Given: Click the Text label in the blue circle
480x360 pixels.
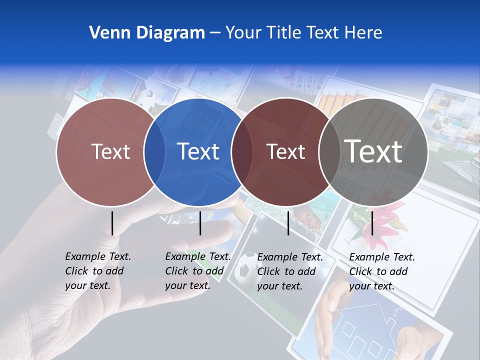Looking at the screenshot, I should tap(198, 151).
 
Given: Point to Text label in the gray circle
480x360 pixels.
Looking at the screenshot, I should tap(373, 151).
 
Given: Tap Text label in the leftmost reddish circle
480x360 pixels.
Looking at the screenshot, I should tap(110, 151).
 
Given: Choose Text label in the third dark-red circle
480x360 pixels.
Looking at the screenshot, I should tap(285, 151).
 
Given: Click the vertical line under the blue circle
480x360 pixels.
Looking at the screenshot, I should tap(200, 223).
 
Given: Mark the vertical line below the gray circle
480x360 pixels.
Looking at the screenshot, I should tap(372, 223).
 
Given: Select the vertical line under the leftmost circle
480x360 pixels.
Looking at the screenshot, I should tap(112, 223).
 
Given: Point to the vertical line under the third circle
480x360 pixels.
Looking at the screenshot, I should tap(288, 223).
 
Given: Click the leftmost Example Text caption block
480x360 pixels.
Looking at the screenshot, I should tap(97, 271).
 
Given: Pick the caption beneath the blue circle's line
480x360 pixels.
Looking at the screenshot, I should tap(197, 271).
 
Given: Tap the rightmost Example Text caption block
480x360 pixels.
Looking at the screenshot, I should tap(381, 271).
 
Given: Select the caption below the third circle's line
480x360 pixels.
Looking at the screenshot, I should tap(289, 271).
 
